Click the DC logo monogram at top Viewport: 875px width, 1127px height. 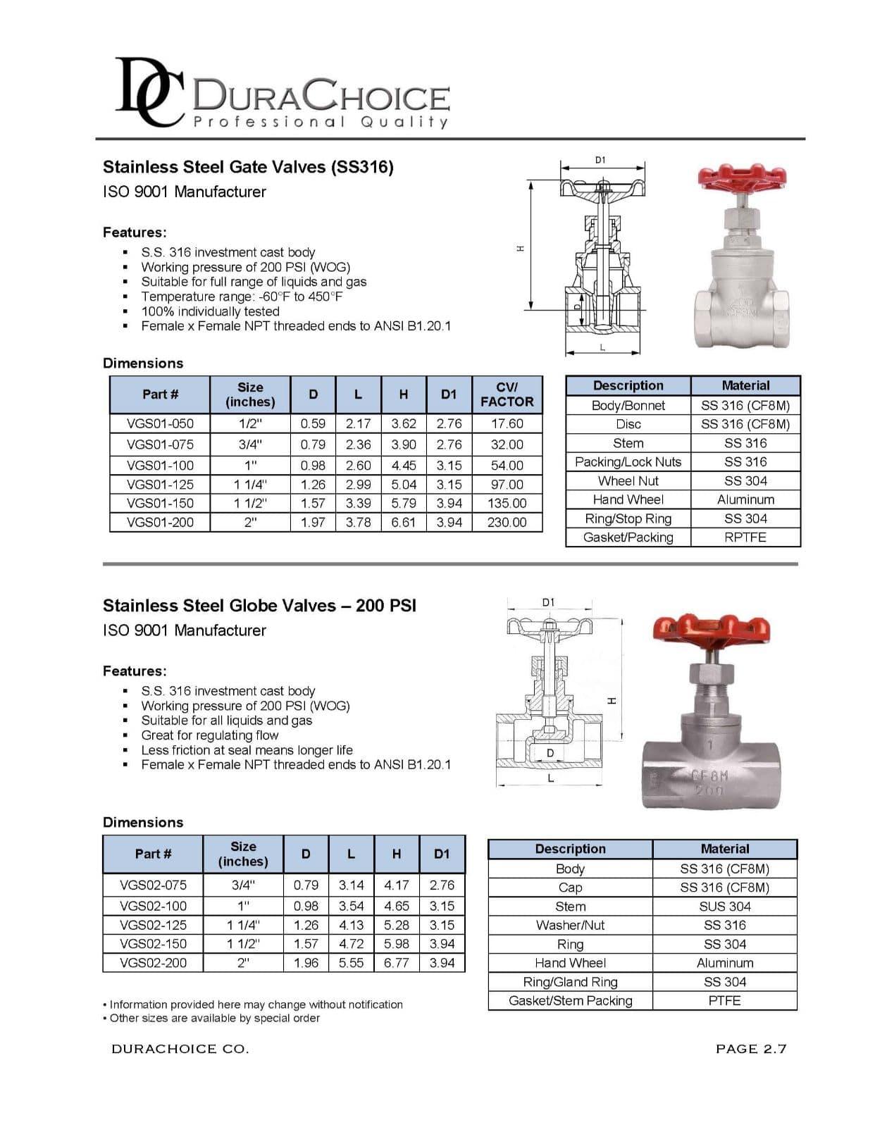(147, 93)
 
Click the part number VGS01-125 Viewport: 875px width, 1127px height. (160, 485)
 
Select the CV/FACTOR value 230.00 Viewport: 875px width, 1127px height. (507, 523)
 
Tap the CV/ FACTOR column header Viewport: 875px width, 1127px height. (507, 394)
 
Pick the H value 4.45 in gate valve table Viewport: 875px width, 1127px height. (404, 466)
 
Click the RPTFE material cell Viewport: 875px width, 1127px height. (745, 537)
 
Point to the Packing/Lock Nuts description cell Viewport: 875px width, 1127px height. (628, 462)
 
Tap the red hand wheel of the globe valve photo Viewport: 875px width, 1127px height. (712, 632)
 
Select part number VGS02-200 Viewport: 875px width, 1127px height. (153, 963)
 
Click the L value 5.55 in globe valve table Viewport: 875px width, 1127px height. (351, 963)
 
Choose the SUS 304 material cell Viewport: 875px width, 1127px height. (725, 907)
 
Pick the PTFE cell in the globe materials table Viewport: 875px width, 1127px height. (725, 1001)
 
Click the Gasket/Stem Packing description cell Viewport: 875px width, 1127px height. (570, 1001)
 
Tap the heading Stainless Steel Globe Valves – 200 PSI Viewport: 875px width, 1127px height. (259, 606)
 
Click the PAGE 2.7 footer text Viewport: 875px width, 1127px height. (750, 1049)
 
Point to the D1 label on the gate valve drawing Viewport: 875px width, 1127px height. (600, 160)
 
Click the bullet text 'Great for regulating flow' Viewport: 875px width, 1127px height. (210, 735)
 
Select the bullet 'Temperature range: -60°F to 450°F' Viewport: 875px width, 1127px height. (242, 297)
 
